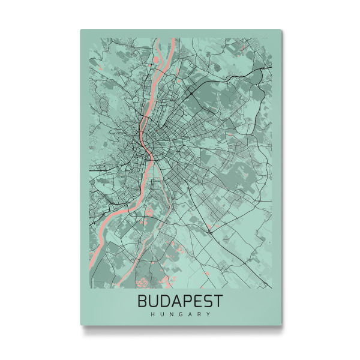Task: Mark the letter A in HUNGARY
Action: tap(190, 314)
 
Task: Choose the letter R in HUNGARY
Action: tap(199, 314)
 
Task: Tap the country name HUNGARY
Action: tap(181, 314)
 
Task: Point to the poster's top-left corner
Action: tap(80, 29)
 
